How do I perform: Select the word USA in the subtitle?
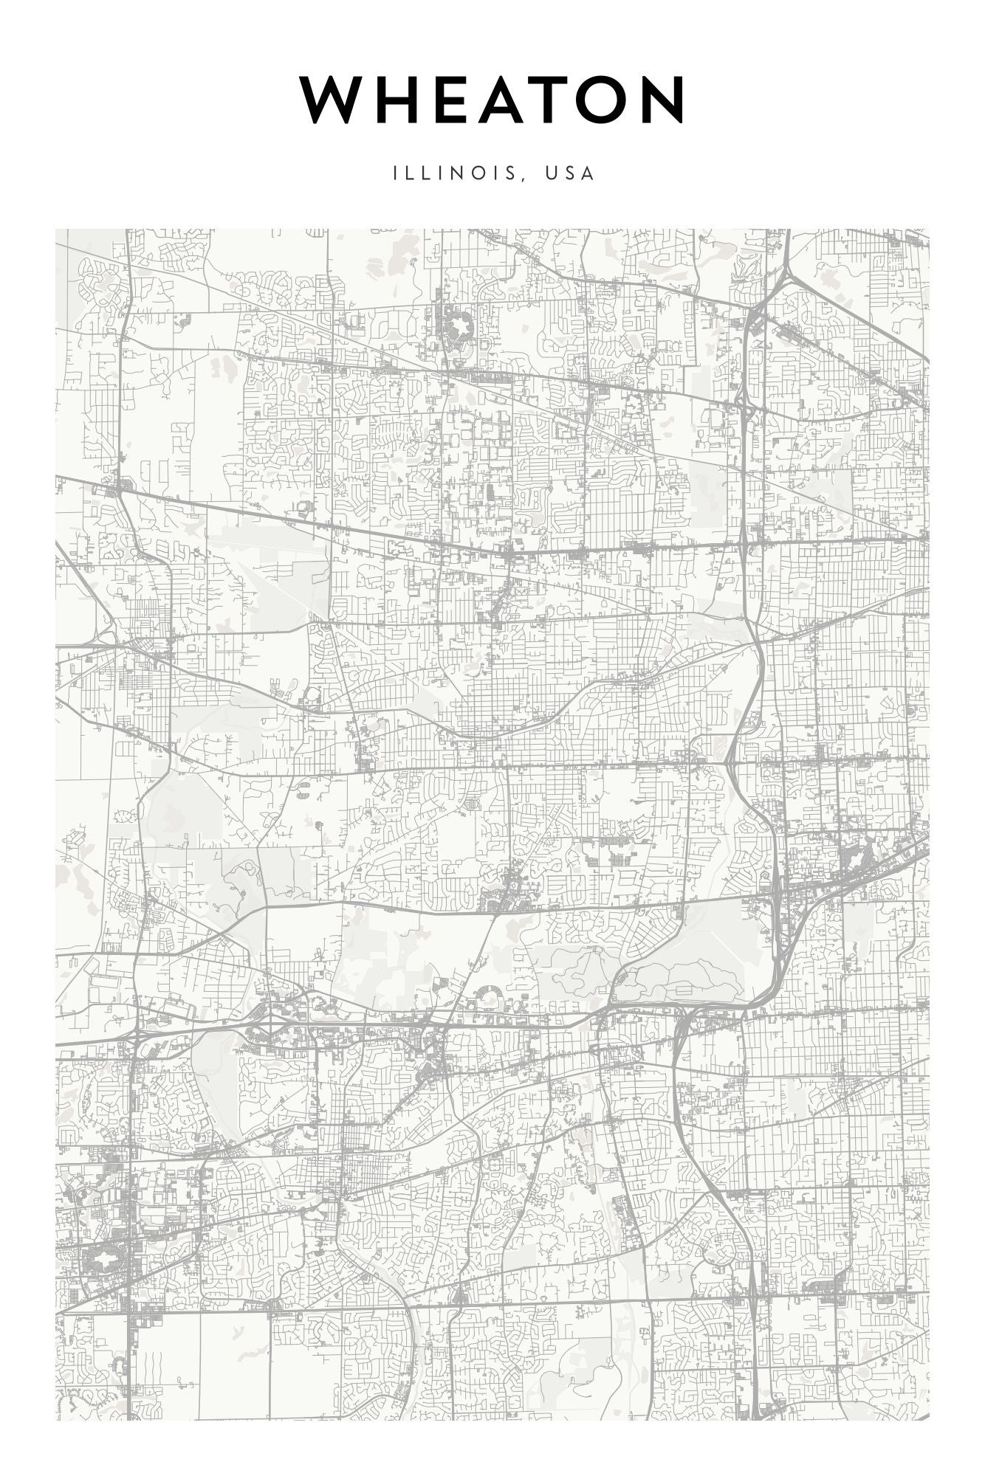569,173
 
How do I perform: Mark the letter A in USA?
588,173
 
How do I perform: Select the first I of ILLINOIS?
396,173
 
